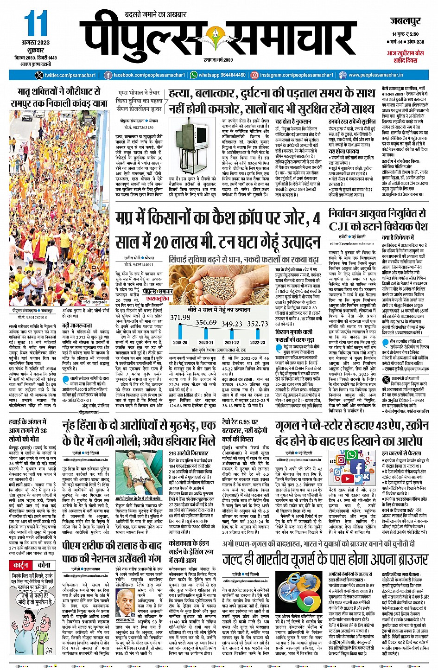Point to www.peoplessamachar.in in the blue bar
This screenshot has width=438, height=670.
point(375,75)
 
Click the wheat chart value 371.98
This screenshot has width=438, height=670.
point(180,318)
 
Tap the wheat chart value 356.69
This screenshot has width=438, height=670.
point(206,322)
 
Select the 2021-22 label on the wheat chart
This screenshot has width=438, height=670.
point(232,342)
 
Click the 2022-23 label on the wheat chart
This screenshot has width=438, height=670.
point(258,342)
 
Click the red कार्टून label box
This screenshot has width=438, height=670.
point(21,565)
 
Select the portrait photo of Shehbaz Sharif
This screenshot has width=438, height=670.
point(125,603)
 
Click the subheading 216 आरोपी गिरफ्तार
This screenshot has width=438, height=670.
point(188,453)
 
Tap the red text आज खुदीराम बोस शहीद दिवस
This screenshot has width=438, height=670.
point(405,57)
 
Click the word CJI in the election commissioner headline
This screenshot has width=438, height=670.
point(342,226)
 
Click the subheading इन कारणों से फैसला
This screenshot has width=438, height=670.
point(401,453)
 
